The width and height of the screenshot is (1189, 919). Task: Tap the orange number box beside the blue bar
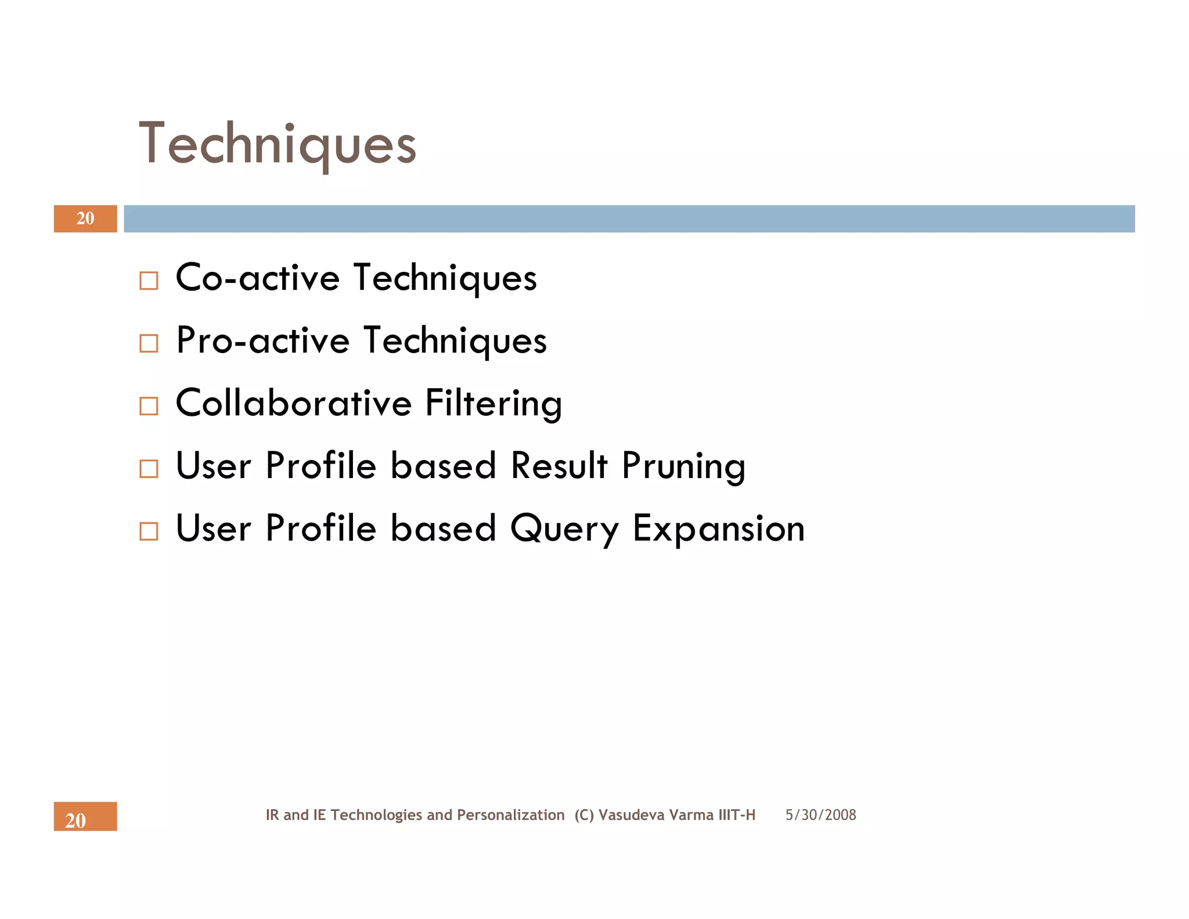coord(85,218)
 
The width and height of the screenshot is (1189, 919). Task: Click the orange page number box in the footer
coord(85,816)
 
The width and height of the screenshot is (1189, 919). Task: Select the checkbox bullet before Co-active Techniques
coord(149,281)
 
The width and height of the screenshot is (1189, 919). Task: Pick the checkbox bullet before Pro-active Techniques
coord(149,343)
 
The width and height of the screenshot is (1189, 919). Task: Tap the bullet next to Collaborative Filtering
coord(149,406)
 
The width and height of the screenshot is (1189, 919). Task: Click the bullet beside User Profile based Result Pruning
coord(149,469)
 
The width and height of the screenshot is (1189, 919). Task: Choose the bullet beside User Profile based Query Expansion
coord(149,532)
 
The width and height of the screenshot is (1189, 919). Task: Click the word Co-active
coord(257,278)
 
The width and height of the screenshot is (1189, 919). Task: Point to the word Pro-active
coord(262,340)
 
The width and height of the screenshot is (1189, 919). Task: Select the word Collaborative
coord(294,403)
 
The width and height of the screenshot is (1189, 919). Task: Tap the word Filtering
coord(493,404)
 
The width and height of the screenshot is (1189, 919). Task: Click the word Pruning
coord(683,466)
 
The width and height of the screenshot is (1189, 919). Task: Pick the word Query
coord(564,529)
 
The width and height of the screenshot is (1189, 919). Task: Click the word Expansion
coord(719,529)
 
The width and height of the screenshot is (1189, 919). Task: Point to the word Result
coord(559,465)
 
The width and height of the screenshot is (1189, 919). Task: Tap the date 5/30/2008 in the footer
coord(820,815)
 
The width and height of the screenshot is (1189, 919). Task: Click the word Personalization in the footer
coord(510,815)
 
